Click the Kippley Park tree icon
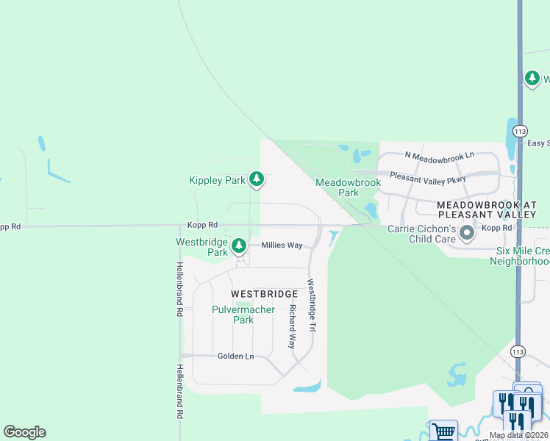click(x=256, y=179)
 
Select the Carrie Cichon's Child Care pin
click(x=466, y=234)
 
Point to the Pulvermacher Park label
click(x=243, y=315)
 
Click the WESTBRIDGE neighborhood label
click(x=264, y=294)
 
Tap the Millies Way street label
click(x=282, y=245)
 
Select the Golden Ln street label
click(x=235, y=356)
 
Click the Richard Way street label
click(x=292, y=326)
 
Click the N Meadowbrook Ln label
click(x=440, y=156)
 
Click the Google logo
click(x=24, y=432)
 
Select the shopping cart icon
click(x=443, y=431)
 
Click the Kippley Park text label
click(x=217, y=180)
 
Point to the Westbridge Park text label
click(x=202, y=247)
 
